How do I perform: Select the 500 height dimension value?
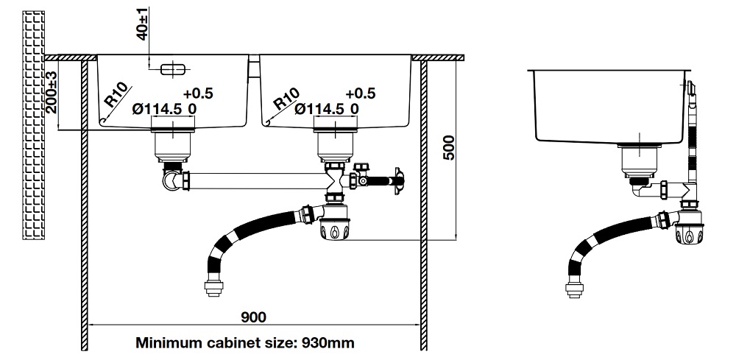[449, 151]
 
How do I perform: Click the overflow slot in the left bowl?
[174, 70]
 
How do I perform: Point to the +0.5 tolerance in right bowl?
[360, 93]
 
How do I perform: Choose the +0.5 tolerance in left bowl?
[198, 93]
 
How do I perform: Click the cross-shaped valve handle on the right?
[398, 179]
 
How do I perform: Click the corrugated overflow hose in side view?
[693, 147]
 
